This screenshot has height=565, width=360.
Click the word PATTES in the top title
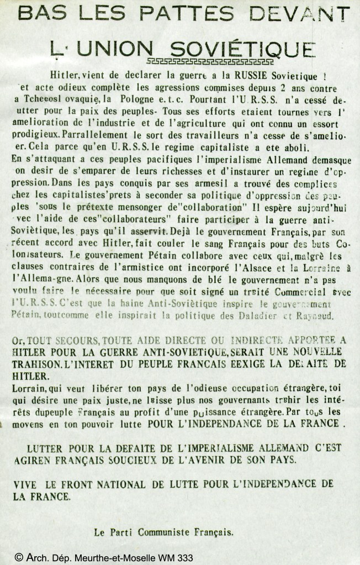pos(184,13)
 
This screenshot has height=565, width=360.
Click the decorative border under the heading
pos(210,61)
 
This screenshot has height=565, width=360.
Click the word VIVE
pos(27,484)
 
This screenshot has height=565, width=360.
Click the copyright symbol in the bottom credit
pos(19,558)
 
